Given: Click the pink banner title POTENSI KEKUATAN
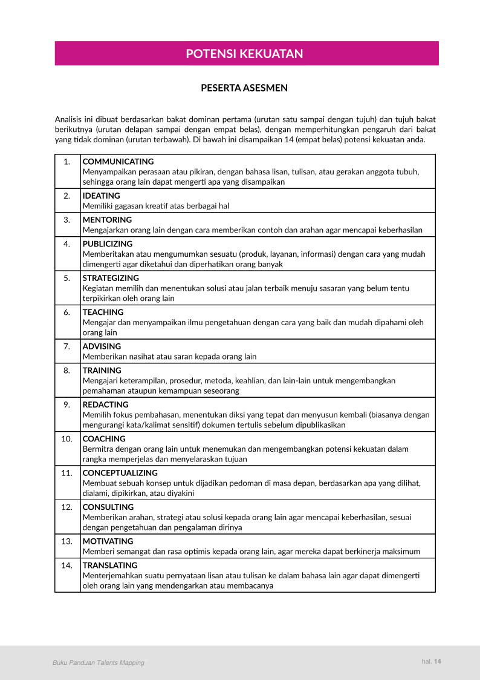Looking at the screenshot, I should click(244, 54).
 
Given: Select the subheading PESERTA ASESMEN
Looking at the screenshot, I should click(244, 88).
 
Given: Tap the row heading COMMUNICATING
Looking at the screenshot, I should click(118, 162).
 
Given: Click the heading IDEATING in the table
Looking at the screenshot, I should click(101, 196).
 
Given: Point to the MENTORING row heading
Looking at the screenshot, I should click(107, 220).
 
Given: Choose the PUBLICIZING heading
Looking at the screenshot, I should click(108, 244).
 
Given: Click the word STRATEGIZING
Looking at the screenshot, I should click(111, 278).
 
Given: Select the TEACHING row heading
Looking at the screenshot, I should click(103, 312).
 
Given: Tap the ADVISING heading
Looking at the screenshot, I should click(102, 346).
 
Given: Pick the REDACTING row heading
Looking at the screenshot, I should click(105, 404).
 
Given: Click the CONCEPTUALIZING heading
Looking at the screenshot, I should click(120, 473).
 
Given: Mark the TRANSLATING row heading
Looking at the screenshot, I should click(110, 565).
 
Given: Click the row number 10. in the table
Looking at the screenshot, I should click(67, 438).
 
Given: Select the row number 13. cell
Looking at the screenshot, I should click(67, 541).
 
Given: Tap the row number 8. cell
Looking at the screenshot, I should click(67, 370).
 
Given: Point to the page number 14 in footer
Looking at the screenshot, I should click(438, 661).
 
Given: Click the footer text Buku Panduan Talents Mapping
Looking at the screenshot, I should click(99, 663).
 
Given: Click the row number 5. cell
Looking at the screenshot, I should click(67, 278).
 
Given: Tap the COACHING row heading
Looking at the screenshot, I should click(104, 438).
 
